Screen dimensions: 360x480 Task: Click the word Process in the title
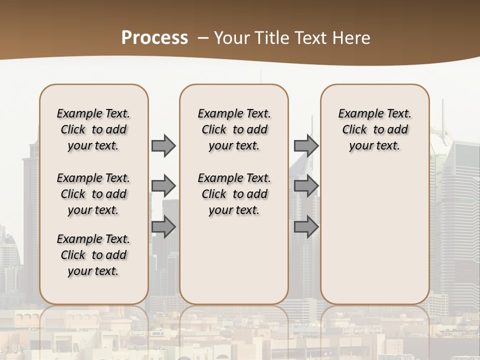154,37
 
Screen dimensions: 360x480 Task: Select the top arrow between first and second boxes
163,146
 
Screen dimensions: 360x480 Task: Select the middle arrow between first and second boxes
163,186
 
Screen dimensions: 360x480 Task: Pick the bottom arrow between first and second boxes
163,227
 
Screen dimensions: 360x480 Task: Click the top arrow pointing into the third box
306,146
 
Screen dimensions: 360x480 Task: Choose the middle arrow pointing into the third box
306,186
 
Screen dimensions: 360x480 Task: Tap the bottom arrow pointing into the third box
306,227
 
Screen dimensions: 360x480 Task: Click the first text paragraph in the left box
93,129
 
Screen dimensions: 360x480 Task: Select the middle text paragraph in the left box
93,194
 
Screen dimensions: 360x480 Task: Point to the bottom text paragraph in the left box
93,255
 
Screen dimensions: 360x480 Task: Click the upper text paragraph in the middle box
234,129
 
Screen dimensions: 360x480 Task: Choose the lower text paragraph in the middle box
234,194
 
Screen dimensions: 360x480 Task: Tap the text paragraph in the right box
375,129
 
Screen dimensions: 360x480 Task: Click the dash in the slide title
203,38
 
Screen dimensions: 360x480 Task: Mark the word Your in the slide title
231,38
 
